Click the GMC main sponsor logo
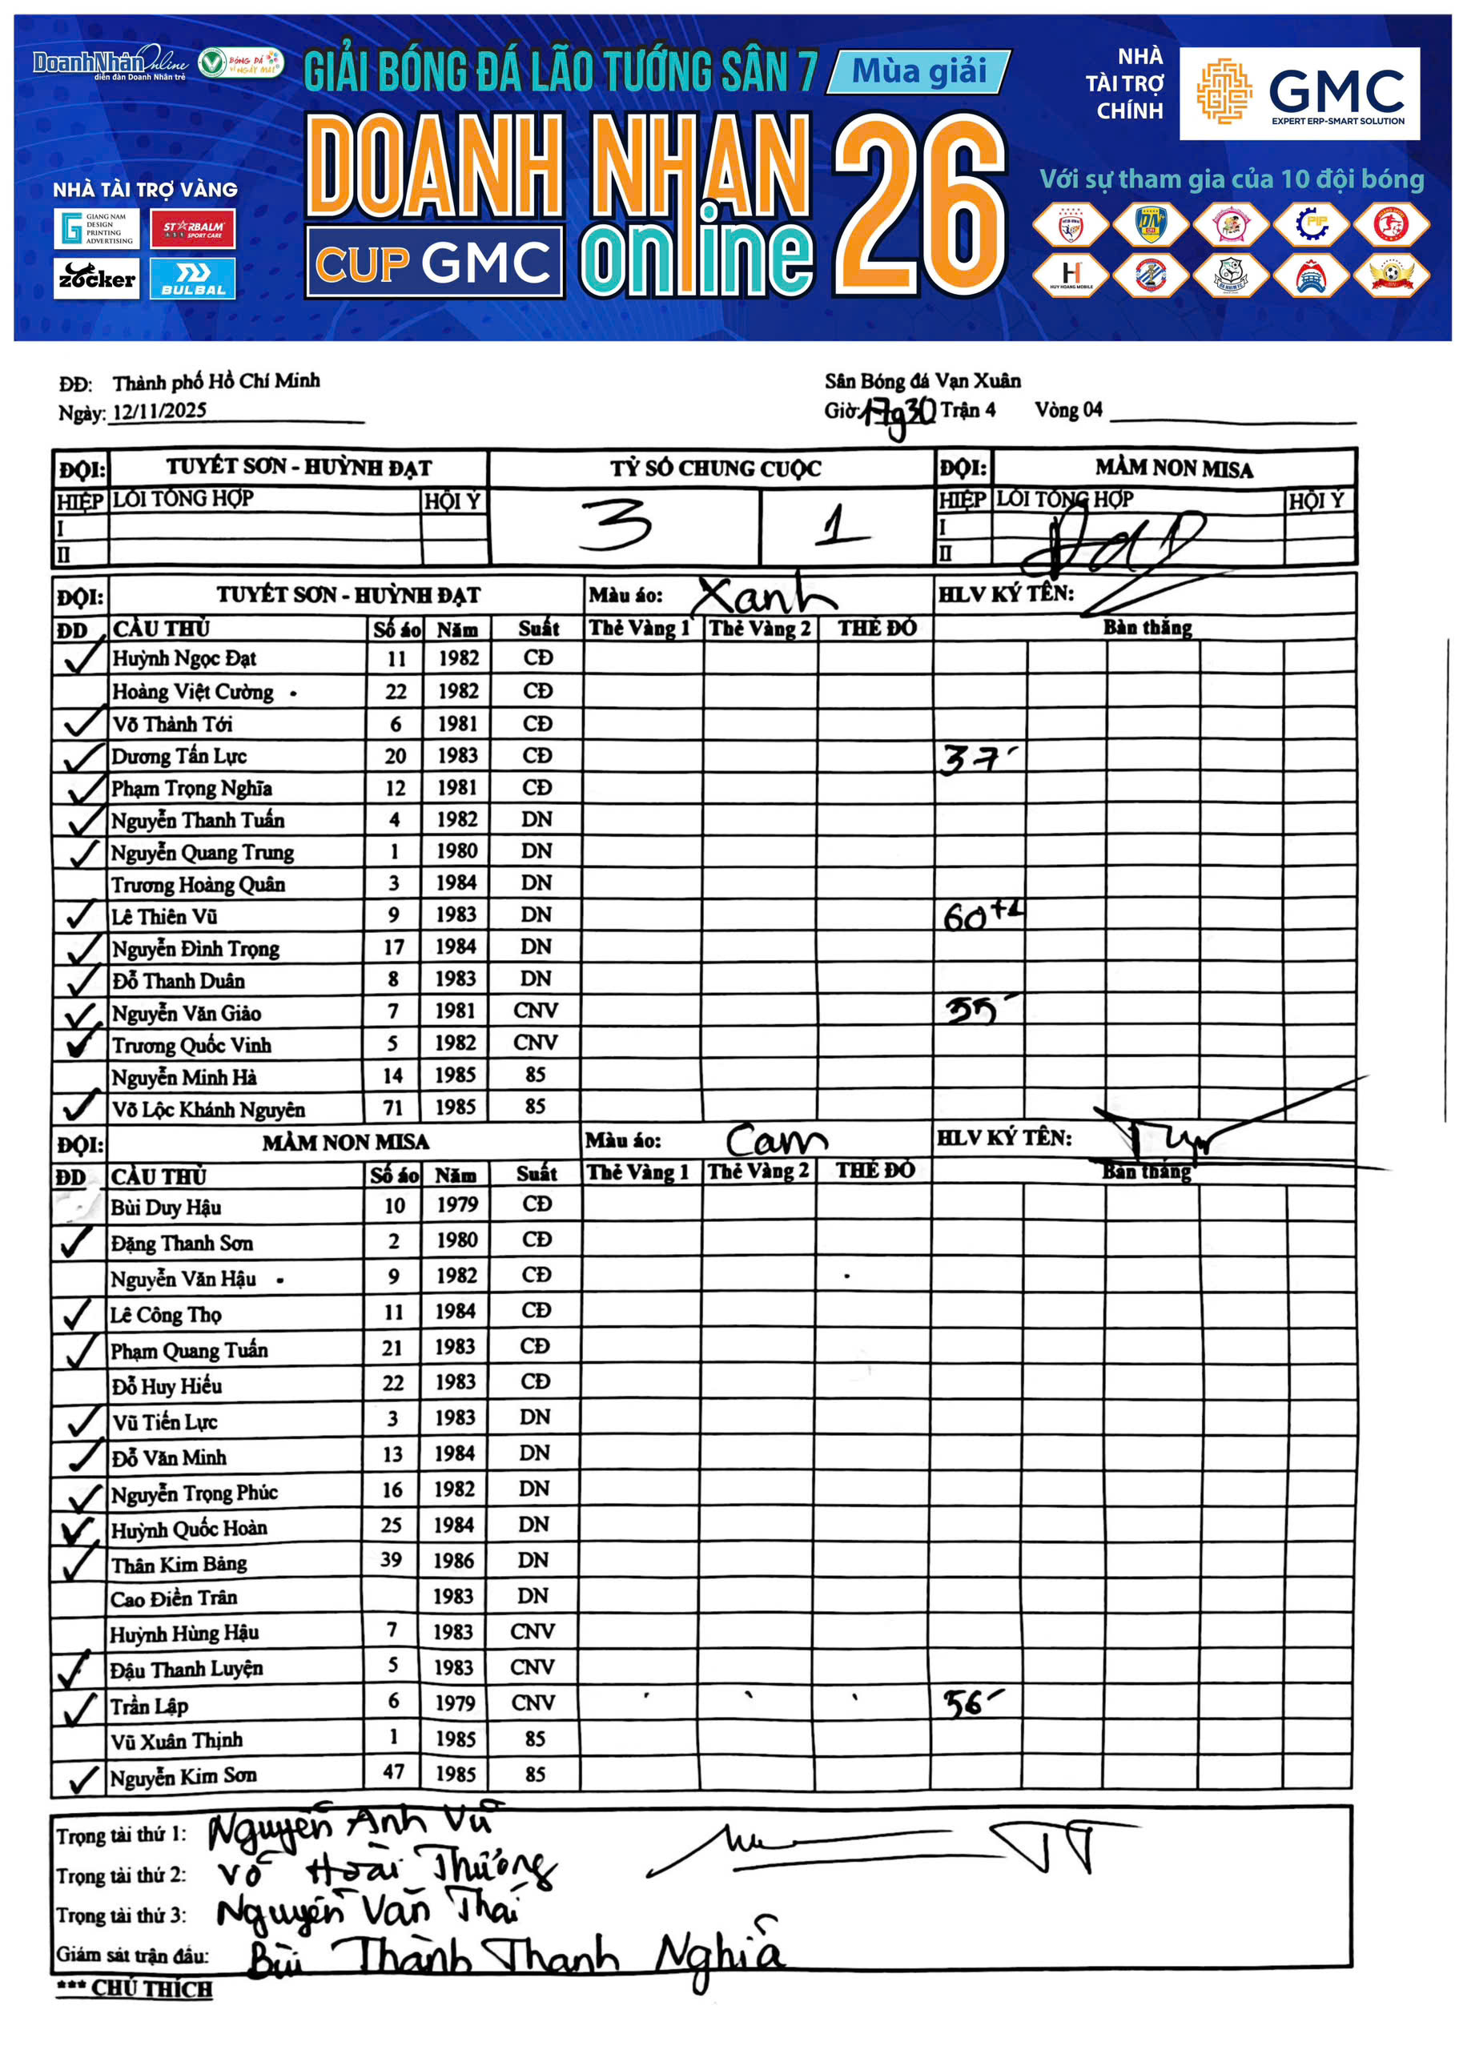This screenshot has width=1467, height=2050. (1298, 93)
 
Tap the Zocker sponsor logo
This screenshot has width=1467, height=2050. (96, 278)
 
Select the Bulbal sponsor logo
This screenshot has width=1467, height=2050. (192, 278)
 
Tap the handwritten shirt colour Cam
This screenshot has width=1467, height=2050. (775, 1140)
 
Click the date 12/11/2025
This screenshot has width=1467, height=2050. (159, 411)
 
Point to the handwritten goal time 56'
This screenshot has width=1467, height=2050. (968, 1703)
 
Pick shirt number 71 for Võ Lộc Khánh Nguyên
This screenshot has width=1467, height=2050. (392, 1107)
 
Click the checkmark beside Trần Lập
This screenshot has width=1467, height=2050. (78, 1706)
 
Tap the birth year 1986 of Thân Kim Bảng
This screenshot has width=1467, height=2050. (453, 1561)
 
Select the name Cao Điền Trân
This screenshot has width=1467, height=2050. (174, 1598)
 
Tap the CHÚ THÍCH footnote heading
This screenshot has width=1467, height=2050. (135, 1988)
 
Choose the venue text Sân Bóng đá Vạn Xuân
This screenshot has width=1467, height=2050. (922, 381)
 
